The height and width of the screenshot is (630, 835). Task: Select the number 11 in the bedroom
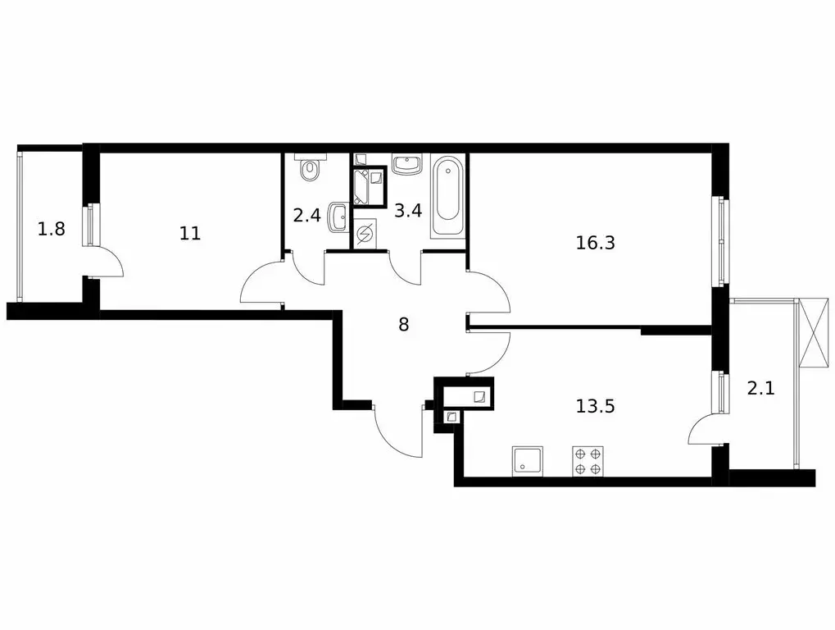[x=190, y=234]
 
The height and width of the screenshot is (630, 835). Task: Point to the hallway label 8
[x=403, y=324]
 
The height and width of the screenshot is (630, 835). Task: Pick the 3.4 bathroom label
[x=409, y=210]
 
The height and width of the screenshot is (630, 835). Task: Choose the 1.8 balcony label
[x=51, y=229]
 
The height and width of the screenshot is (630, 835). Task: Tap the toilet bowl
[x=309, y=169]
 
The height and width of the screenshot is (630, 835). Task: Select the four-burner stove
[x=588, y=461]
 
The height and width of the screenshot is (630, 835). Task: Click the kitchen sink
[x=527, y=461]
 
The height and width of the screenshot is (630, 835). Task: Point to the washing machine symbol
[x=365, y=235]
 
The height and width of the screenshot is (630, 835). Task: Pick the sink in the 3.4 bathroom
[x=406, y=165]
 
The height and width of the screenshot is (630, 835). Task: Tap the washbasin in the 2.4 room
[x=337, y=217]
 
